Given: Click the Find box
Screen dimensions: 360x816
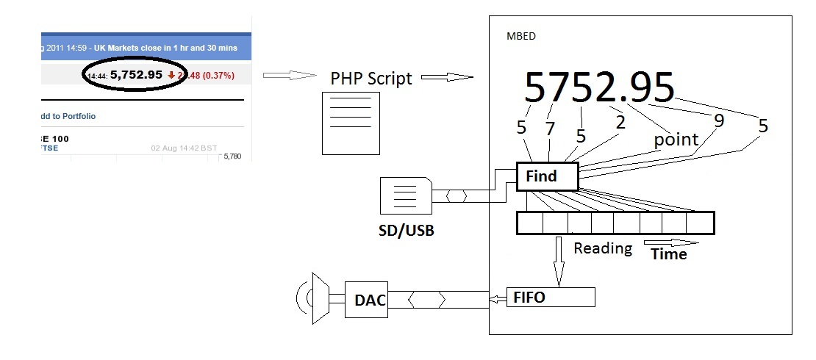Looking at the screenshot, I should pos(548,176).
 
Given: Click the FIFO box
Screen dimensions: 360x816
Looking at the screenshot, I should pos(551,298).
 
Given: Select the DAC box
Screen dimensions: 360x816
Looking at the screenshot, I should pos(365,300).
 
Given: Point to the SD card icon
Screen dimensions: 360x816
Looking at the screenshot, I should pos(405,197).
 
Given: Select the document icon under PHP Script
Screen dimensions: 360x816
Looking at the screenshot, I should pos(351,122).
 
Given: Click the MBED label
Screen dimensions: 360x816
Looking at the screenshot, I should pos(521,36).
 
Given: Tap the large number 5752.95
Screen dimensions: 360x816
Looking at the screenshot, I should pos(599,87).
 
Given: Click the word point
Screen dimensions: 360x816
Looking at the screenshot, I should pos(676,140).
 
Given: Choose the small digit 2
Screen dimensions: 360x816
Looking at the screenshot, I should pos(620,122).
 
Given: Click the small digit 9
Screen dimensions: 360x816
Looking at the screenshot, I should pos(719,120).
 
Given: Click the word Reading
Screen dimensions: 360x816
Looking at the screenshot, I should pos(603,248).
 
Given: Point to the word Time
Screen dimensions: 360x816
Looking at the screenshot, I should pos(669,254).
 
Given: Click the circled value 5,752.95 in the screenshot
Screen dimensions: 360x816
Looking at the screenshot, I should pos(137,74).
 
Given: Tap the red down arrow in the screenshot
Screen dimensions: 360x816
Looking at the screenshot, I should pos(171,74).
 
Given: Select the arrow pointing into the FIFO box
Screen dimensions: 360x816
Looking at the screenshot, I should pos(498,298).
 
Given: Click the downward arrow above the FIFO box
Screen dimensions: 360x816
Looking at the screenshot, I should pos(559,261).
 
